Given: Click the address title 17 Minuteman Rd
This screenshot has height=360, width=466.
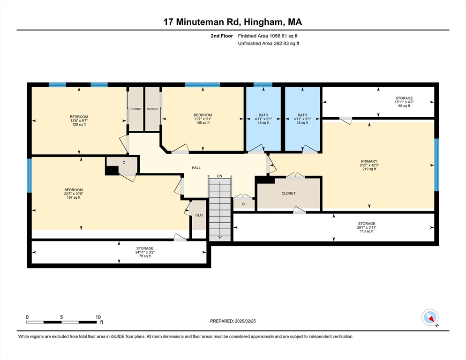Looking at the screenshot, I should click(233, 22).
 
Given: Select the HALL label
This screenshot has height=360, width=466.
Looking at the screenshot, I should click(196, 167).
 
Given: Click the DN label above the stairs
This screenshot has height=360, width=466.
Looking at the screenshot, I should click(219, 176).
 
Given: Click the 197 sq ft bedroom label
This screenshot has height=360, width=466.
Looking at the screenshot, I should click(73, 194).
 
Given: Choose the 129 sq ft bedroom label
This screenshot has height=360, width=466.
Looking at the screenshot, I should click(79, 120).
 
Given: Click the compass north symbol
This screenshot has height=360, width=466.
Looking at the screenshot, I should click(430, 317).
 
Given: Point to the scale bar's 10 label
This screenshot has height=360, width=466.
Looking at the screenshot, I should click(98, 317).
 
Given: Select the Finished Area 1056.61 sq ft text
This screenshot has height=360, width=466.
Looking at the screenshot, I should click(268, 36).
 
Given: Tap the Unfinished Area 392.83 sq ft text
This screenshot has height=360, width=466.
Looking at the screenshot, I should click(268, 44).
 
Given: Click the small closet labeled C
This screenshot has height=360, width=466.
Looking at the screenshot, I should click(124, 163).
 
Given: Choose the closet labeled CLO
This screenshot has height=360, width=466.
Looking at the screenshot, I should click(199, 215).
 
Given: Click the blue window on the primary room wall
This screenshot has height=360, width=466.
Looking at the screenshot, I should click(436, 165).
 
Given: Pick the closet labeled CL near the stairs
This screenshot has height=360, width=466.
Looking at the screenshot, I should click(244, 204).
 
